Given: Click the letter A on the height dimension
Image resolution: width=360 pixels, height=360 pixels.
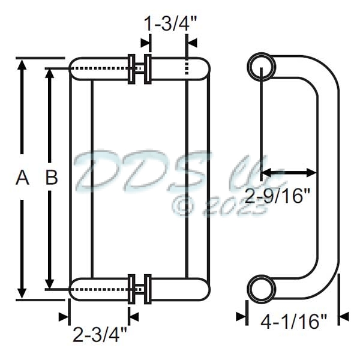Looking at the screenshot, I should tap(22, 178).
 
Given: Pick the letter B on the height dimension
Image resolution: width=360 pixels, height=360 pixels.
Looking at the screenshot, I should tap(52, 178).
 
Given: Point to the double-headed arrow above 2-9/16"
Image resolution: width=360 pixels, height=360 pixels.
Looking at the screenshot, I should tap(289, 173).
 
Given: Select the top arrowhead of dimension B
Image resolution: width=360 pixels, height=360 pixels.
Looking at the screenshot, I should tap(52, 75).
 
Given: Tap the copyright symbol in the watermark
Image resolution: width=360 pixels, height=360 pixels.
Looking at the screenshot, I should tap(184, 206).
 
